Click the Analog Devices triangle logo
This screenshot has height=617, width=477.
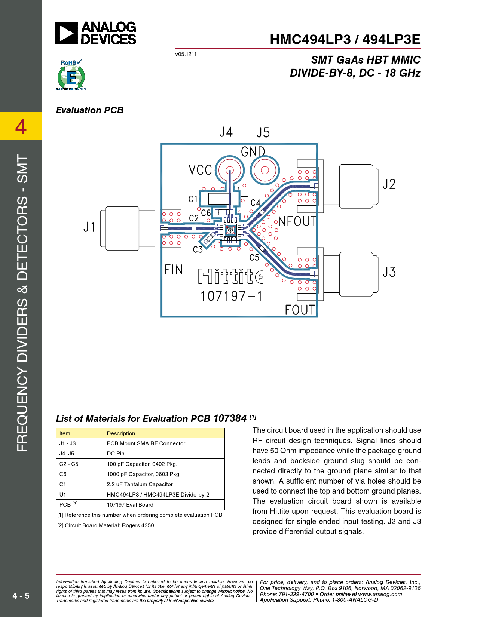coord(66,33)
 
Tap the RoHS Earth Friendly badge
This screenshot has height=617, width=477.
coord(71,75)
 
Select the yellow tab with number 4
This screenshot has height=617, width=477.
coord(21,126)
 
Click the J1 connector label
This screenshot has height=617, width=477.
coord(89,227)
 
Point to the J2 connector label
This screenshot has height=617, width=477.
coord(389,184)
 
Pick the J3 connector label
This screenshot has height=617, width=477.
coord(389,272)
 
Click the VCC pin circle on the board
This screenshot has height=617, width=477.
coord(230,171)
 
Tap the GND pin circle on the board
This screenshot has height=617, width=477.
coord(265,171)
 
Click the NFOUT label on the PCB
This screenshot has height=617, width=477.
coord(297,221)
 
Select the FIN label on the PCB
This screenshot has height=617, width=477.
coord(174,270)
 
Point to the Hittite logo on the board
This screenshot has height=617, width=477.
coord(231,276)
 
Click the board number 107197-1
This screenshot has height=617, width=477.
coord(231,296)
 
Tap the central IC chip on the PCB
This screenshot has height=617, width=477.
coord(230,230)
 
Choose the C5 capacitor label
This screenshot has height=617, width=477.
coord(254,257)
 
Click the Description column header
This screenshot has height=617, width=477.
coord(121,433)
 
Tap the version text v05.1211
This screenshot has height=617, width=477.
coord(186,54)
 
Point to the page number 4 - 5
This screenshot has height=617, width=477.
coord(21,596)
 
